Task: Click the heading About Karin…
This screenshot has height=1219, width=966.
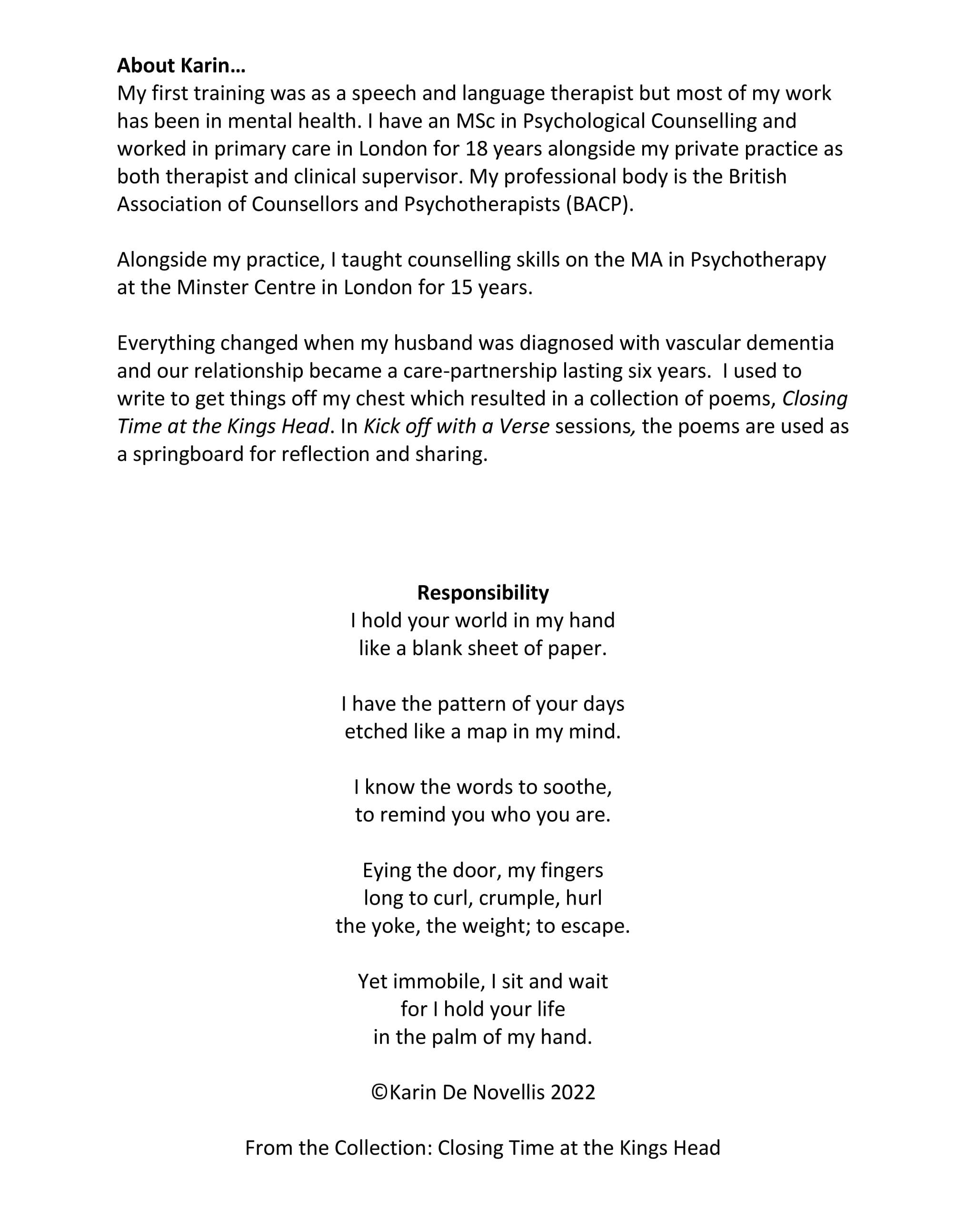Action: [181, 66]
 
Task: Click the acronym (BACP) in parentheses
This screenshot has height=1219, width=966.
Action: [600, 204]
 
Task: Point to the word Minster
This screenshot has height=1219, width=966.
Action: [212, 288]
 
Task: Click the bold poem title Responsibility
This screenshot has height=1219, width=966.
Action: [483, 592]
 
